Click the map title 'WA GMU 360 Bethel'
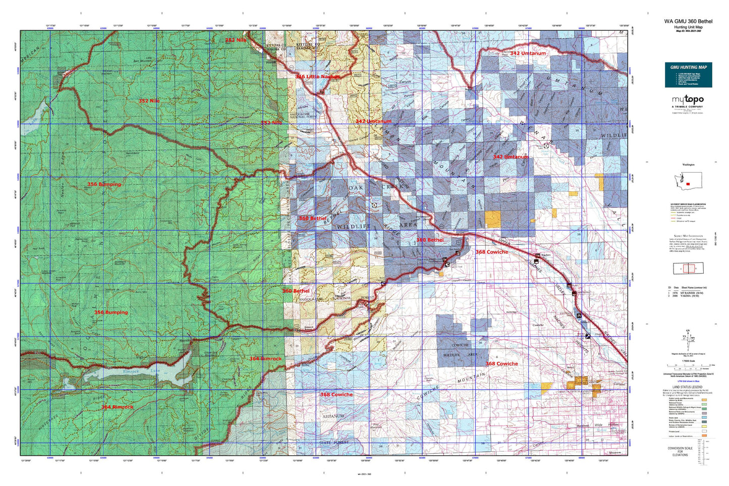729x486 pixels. tap(688, 21)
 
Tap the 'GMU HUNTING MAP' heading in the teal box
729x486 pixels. tap(688, 67)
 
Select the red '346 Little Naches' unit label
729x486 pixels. tap(317, 77)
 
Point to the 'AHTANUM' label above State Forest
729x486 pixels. tap(333, 416)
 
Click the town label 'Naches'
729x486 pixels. tap(545, 255)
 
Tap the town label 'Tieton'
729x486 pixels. tap(481, 283)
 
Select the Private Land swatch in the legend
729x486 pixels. tap(704, 431)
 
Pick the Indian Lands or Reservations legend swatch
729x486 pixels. tap(704, 437)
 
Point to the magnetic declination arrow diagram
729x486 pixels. tap(688, 339)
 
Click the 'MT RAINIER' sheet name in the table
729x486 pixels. tap(690, 293)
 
